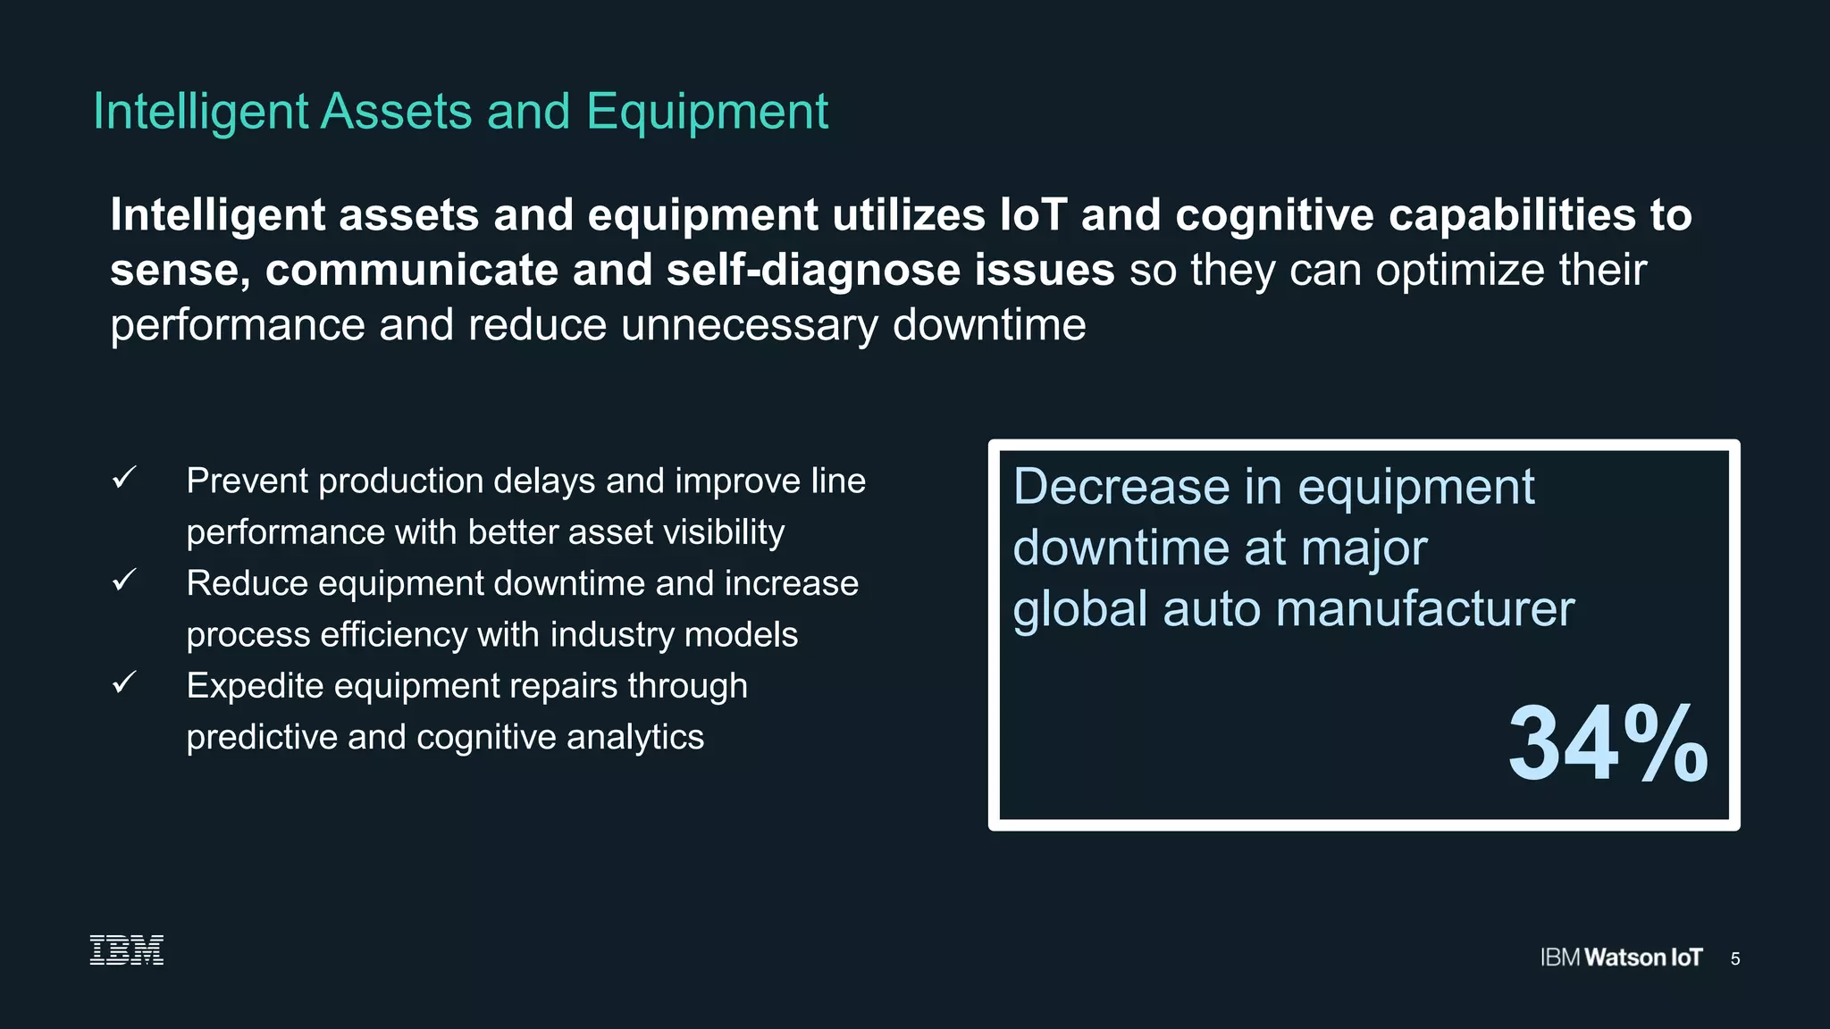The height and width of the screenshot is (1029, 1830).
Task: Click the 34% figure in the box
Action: click(1607, 743)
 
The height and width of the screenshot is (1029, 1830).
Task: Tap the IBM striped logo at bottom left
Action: click(127, 950)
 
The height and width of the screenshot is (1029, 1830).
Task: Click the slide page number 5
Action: click(1735, 958)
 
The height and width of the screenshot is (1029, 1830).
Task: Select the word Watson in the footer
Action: click(1624, 958)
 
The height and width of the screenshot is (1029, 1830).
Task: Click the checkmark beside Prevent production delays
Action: click(124, 478)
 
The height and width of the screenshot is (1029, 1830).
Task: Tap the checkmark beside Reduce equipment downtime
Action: click(124, 581)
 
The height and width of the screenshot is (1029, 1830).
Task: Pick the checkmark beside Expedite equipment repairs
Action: click(124, 683)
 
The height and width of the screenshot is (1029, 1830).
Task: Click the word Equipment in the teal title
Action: click(707, 113)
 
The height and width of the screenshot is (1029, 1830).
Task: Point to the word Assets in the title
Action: click(396, 113)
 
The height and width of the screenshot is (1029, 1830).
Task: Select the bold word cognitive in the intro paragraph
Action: click(1274, 215)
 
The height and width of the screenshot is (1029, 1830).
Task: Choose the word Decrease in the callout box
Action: click(1121, 487)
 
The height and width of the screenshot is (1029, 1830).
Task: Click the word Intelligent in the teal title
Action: click(201, 113)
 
